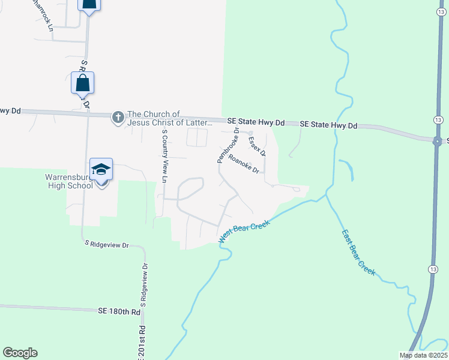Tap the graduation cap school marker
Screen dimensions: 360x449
(x=101, y=170)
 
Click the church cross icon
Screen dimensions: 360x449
(x=118, y=118)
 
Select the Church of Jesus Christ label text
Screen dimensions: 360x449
(x=169, y=118)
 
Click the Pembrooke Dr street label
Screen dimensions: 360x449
(x=228, y=145)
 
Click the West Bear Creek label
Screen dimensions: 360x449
(x=244, y=231)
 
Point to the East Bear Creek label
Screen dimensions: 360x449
(x=358, y=252)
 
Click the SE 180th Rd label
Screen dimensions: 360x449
(x=119, y=311)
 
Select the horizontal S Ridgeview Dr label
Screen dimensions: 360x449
(x=107, y=245)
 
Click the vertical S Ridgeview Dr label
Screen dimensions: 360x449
(x=145, y=285)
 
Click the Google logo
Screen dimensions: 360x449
(x=20, y=352)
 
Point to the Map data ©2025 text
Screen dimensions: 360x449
(x=423, y=355)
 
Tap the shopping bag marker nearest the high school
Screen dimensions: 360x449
(x=83, y=83)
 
